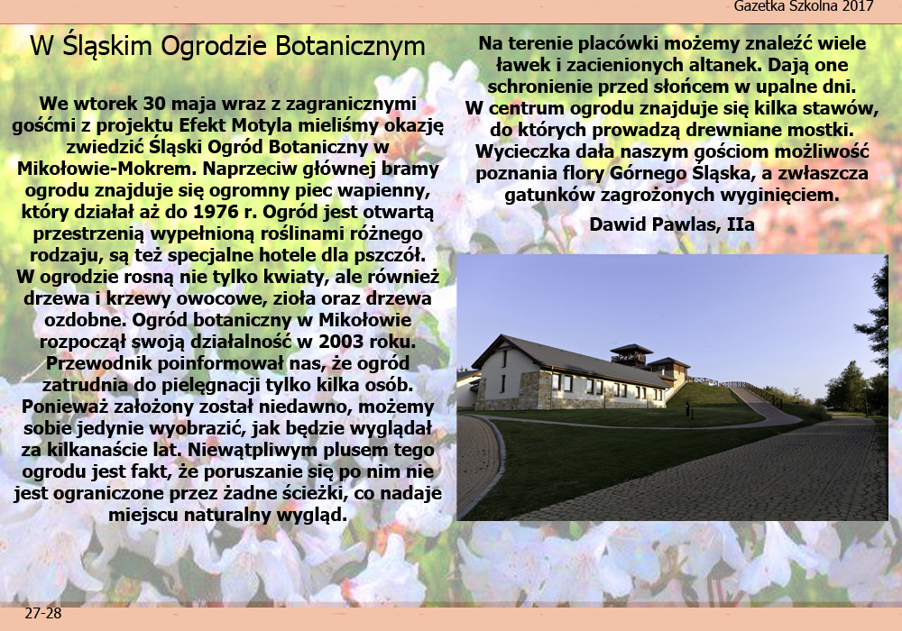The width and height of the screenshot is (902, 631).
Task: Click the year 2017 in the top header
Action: [857, 6]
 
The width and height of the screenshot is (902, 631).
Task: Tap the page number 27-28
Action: [43, 614]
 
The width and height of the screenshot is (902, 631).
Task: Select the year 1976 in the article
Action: [216, 212]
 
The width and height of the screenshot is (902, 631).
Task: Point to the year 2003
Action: [341, 342]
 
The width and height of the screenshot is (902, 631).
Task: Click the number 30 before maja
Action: [155, 104]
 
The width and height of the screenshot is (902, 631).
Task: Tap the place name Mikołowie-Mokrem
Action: [107, 169]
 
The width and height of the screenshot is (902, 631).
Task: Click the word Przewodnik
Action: [99, 363]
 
